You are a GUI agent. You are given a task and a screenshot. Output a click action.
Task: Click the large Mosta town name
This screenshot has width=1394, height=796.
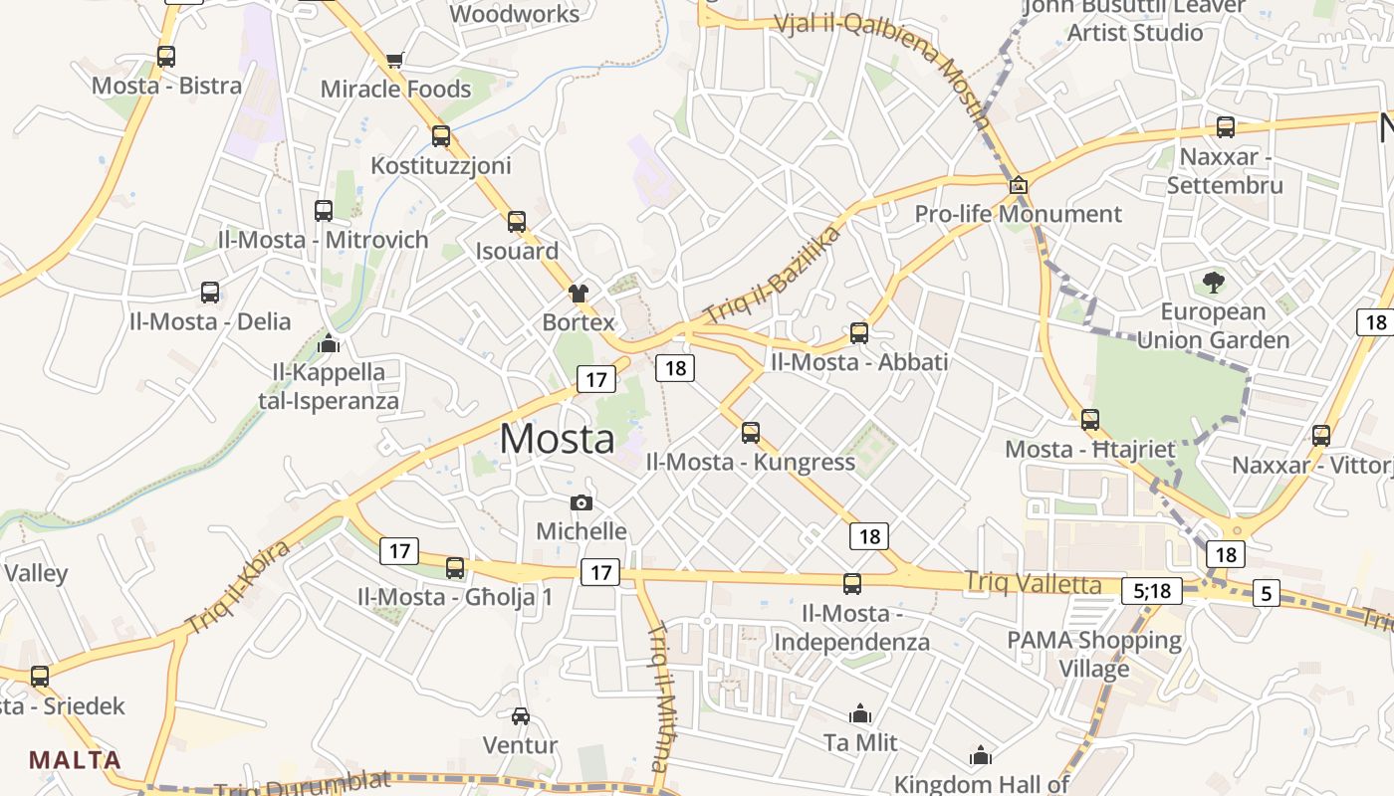tap(558, 439)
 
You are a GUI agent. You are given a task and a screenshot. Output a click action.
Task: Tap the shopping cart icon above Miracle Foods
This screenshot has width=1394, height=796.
tap(395, 60)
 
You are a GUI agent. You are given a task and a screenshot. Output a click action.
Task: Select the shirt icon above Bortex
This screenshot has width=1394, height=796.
tap(579, 293)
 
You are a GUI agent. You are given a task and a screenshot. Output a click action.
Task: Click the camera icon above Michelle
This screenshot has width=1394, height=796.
tap(581, 503)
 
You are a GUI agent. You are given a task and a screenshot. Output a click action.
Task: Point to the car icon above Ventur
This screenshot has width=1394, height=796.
tap(520, 715)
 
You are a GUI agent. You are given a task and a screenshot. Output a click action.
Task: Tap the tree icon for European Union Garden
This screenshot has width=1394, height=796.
tap(1213, 283)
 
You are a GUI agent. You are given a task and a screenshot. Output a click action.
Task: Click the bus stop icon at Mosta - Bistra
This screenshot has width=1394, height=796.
tap(166, 57)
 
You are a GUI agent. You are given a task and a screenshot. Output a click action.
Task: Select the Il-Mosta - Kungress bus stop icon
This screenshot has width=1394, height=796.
tap(751, 433)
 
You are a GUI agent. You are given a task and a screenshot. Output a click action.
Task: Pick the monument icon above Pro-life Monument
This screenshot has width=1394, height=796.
tap(1019, 185)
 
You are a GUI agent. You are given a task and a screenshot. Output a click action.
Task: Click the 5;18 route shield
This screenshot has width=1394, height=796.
tap(1152, 591)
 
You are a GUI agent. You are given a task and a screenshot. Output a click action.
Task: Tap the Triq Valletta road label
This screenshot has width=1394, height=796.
tap(1034, 583)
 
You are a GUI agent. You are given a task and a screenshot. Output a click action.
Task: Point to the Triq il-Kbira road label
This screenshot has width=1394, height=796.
tap(237, 588)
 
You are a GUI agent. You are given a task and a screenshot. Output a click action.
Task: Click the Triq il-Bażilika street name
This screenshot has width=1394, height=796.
tap(773, 276)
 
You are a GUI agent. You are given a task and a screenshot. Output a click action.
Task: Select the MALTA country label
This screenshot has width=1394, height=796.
tap(75, 760)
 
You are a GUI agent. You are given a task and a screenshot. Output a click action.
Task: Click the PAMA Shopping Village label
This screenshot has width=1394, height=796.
tap(1093, 654)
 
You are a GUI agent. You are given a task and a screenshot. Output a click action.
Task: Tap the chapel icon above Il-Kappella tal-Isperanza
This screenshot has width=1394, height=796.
tap(329, 343)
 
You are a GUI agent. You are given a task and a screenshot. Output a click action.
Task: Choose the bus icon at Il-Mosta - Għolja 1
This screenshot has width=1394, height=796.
tap(455, 568)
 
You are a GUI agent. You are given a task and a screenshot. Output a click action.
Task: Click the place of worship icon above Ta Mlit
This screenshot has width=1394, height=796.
tap(860, 713)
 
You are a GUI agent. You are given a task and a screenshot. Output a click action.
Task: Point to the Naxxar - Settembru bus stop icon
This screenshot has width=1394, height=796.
tap(1226, 127)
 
